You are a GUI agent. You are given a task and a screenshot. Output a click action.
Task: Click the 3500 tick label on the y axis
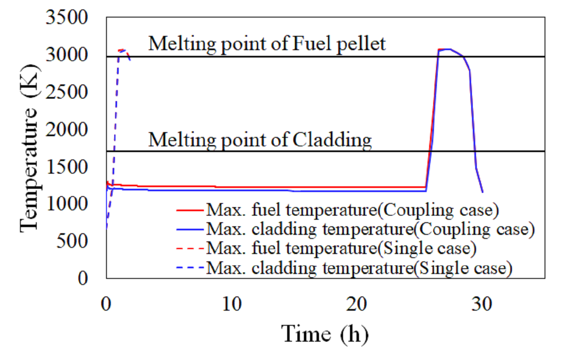(x=67, y=17)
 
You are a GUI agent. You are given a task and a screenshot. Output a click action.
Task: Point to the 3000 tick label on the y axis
(x=67, y=54)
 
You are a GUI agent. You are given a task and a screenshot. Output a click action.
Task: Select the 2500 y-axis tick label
(x=67, y=92)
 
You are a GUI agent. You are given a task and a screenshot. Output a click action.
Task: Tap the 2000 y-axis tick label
(x=67, y=129)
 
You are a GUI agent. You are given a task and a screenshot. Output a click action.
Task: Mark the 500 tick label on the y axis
(x=72, y=241)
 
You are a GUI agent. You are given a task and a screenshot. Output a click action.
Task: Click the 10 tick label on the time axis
(x=232, y=304)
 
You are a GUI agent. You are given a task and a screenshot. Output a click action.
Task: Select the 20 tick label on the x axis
(x=357, y=304)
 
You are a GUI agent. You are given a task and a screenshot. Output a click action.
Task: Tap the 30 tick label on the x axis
(x=482, y=304)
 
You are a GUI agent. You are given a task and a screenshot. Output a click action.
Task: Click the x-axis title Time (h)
(x=325, y=334)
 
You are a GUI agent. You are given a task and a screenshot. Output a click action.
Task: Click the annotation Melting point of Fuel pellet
(x=267, y=44)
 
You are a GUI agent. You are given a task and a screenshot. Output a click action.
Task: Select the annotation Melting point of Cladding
(x=260, y=140)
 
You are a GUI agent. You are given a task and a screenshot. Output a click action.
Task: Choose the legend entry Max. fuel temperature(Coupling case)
(x=338, y=210)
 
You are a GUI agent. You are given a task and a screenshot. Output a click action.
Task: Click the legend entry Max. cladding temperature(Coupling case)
(x=356, y=230)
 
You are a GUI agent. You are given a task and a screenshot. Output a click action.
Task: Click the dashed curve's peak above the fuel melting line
(x=122, y=50)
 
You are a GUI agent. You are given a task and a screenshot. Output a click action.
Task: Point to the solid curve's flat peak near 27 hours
(x=445, y=49)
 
